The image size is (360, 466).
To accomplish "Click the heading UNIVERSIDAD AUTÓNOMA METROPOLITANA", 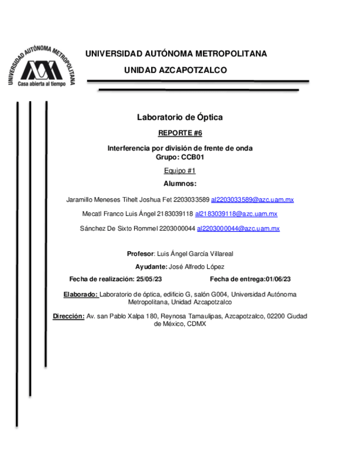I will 176,54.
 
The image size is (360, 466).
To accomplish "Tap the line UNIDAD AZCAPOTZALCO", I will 175,71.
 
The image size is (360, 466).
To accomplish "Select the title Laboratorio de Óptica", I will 180,117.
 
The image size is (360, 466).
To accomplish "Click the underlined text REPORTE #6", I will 180,133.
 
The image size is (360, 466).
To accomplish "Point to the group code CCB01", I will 193,157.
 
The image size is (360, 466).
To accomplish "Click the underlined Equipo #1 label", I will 180,171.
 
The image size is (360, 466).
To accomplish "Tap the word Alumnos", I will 180,184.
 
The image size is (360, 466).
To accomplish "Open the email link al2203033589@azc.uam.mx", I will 252,199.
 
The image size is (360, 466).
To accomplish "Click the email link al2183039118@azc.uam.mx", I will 236,214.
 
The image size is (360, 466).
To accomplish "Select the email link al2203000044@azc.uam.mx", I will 238,229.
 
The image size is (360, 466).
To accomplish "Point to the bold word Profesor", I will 140,254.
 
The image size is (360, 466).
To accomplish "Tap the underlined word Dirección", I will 68,316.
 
